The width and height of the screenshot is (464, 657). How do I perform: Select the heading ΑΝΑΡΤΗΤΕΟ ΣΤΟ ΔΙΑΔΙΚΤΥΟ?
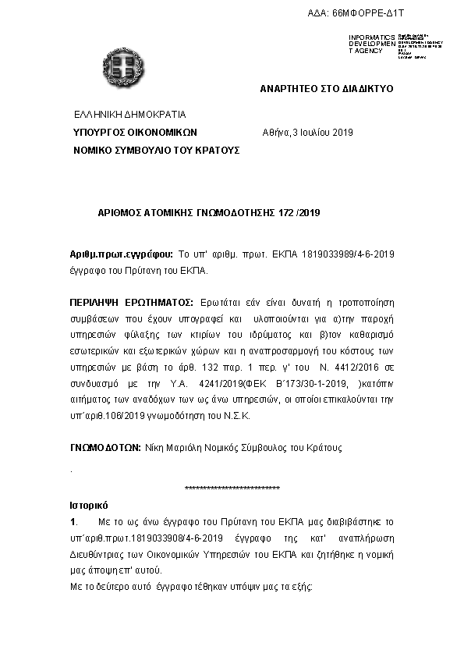pos(327,88)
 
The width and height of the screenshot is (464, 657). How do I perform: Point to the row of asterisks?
pos(232,488)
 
